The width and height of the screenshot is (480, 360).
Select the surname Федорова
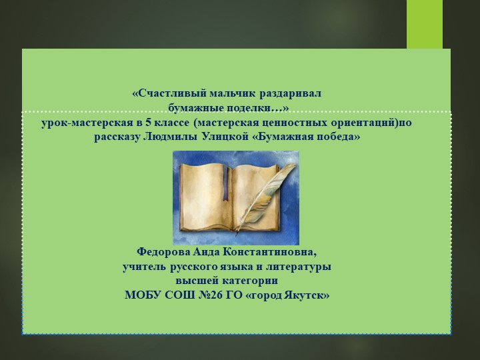(164, 253)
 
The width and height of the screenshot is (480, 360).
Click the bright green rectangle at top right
(425, 24)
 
